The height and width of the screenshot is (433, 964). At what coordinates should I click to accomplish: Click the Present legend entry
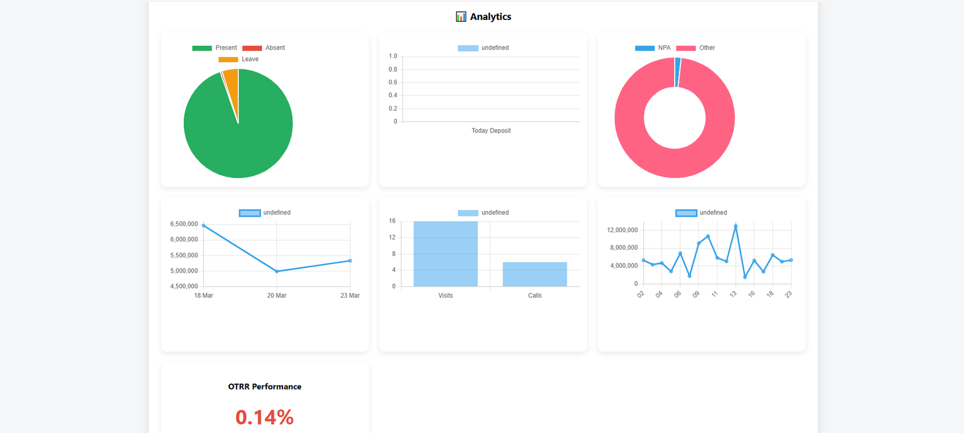pyautogui.click(x=214, y=48)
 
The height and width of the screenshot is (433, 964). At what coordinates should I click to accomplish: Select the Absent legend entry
pyautogui.click(x=264, y=48)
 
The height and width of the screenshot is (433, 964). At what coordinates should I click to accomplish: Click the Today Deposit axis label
pyautogui.click(x=490, y=131)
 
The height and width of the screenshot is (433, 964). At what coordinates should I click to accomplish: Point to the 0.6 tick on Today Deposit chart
pyautogui.click(x=393, y=83)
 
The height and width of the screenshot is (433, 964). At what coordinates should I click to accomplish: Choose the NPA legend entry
pyautogui.click(x=653, y=48)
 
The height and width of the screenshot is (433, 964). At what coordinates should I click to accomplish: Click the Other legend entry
pyautogui.click(x=696, y=48)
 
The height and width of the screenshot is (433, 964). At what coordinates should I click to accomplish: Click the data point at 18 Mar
pyautogui.click(x=204, y=226)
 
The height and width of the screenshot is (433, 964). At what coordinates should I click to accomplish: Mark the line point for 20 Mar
pyautogui.click(x=277, y=271)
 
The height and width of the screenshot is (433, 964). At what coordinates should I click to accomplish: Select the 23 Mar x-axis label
pyautogui.click(x=349, y=296)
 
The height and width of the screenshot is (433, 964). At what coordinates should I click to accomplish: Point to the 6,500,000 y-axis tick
pyautogui.click(x=184, y=224)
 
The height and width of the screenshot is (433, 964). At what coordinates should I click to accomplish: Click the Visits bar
pyautogui.click(x=445, y=254)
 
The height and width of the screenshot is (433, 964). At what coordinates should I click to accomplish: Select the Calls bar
pyautogui.click(x=534, y=274)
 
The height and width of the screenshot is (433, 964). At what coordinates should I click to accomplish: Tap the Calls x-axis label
pyautogui.click(x=534, y=296)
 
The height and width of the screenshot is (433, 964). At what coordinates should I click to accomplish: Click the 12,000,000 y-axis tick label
pyautogui.click(x=622, y=230)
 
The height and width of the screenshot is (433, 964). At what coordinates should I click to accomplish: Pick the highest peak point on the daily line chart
pyautogui.click(x=736, y=226)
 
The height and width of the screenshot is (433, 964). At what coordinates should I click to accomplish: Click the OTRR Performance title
pyautogui.click(x=264, y=387)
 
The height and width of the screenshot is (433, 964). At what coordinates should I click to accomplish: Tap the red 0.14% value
pyautogui.click(x=264, y=417)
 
